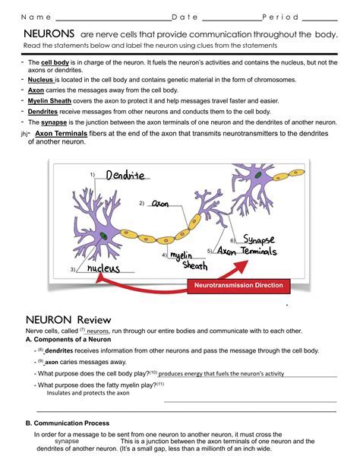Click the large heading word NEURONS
[x=49, y=34]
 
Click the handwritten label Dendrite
[x=125, y=176]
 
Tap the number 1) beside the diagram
[x=93, y=176]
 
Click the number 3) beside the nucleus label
[x=73, y=270]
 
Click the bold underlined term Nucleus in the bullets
[x=40, y=78]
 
